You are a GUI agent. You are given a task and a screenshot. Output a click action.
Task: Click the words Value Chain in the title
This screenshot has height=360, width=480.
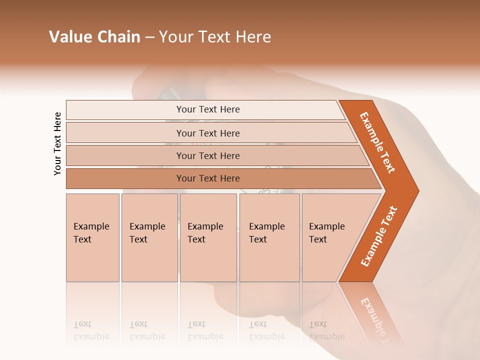pyautogui.click(x=94, y=37)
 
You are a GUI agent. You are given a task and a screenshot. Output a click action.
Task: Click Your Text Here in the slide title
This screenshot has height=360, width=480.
pyautogui.click(x=215, y=37)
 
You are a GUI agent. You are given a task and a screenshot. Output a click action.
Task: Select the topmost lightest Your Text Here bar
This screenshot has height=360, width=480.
pyautogui.click(x=208, y=109)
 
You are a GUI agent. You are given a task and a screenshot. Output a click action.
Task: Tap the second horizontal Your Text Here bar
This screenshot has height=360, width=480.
pyautogui.click(x=208, y=133)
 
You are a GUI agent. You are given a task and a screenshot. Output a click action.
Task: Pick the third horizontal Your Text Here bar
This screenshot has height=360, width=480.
pyautogui.click(x=208, y=155)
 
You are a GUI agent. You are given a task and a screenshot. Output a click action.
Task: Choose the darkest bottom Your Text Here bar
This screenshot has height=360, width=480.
pyautogui.click(x=208, y=178)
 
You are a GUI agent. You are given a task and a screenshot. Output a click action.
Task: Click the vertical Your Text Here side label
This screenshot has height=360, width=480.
pyautogui.click(x=57, y=143)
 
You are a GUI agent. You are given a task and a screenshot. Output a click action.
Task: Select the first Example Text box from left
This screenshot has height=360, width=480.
pyautogui.click(x=92, y=237)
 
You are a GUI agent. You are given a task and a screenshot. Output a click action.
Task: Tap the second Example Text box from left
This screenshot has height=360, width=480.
pyautogui.click(x=149, y=237)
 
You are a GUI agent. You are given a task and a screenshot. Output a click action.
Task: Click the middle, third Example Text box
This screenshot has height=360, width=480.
pyautogui.click(x=208, y=237)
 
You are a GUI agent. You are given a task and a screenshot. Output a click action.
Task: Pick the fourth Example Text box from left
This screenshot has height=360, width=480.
pyautogui.click(x=269, y=237)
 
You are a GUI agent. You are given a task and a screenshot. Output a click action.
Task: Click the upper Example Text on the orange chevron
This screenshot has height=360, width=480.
pyautogui.click(x=378, y=142)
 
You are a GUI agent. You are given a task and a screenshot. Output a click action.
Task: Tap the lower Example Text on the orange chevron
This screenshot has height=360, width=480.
pyautogui.click(x=379, y=236)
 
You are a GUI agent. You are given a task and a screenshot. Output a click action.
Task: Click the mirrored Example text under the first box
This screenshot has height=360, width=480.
pyautogui.click(x=91, y=336)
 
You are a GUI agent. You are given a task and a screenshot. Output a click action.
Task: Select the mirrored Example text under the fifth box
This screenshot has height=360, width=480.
pyautogui.click(x=327, y=336)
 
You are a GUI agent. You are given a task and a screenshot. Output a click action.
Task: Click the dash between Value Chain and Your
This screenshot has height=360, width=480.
pyautogui.click(x=149, y=37)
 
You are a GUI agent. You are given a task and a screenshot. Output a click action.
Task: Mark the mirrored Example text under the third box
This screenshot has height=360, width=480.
pyautogui.click(x=205, y=336)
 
